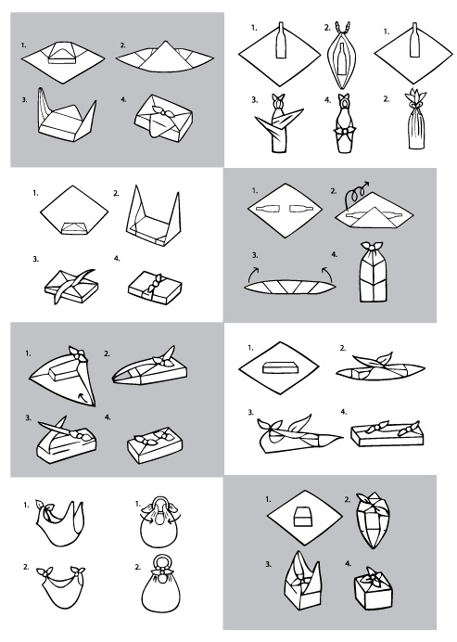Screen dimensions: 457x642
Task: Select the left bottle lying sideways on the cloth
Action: pos(267,209)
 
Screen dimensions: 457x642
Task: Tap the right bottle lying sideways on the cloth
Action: pos(301,209)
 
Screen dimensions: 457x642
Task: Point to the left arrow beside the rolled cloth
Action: pos(253,274)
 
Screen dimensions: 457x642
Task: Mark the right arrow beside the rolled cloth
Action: pos(327,274)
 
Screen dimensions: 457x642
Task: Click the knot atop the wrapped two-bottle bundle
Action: pos(373,246)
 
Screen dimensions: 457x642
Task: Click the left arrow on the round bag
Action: pos(144,517)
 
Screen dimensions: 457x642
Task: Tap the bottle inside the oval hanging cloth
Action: pos(341,59)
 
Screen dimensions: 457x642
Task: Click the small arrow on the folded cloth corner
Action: pos(82,395)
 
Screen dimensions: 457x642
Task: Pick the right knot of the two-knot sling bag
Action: pos(77,571)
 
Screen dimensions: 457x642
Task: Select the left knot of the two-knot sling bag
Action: pos(44,572)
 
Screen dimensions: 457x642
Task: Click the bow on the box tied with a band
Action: pos(156,283)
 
